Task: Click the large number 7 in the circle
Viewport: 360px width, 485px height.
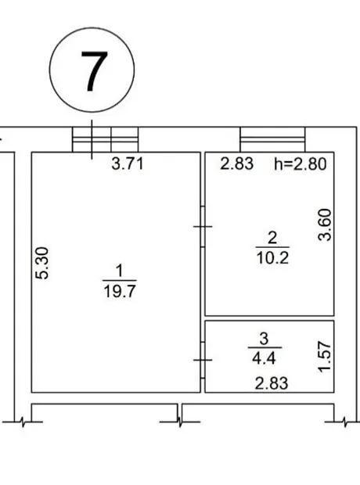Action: tap(94, 71)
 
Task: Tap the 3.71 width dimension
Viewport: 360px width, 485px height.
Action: tap(128, 163)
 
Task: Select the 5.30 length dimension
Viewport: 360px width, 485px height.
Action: tap(42, 263)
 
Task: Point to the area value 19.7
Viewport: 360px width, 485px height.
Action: tap(120, 291)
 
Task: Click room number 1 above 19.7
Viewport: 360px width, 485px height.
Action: tap(119, 271)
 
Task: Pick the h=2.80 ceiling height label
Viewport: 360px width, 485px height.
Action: tap(301, 164)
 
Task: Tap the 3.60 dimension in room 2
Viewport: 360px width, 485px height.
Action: tap(326, 225)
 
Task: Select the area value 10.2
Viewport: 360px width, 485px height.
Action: tap(272, 257)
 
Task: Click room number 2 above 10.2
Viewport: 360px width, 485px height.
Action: tap(272, 238)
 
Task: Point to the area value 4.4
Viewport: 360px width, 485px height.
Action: tap(264, 358)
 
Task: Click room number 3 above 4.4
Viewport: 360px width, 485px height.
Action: tap(264, 339)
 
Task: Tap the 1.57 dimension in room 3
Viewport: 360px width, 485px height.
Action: tap(326, 357)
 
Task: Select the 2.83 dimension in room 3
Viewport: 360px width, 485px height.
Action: tap(272, 383)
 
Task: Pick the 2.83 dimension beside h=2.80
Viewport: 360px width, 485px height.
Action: tap(237, 163)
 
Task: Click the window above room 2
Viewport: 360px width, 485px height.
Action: tap(272, 139)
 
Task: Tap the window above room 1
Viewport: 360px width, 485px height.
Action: tap(105, 139)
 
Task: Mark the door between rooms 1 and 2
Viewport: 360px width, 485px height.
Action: tap(203, 227)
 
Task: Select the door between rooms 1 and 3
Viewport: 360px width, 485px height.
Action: tap(203, 360)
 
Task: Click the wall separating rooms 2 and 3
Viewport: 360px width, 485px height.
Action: tap(269, 318)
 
